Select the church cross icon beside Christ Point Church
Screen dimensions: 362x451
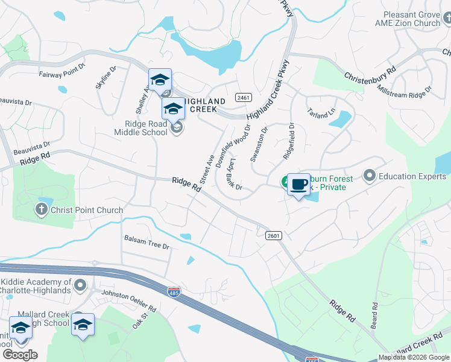coord(41,210)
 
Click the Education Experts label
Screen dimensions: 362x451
coord(405,176)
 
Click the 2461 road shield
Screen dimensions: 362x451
coord(244,97)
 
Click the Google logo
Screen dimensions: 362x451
coord(20,355)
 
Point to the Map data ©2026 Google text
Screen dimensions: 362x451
coord(413,357)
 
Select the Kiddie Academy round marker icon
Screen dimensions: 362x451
coord(80,284)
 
